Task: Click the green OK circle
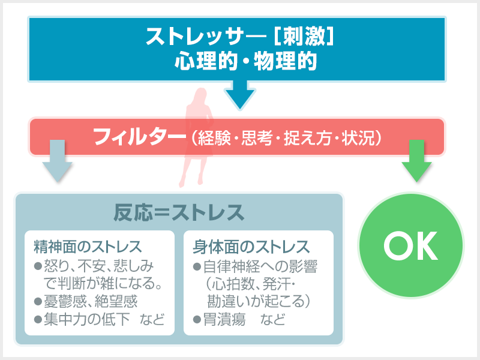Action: tap(411, 245)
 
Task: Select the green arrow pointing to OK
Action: tap(416, 161)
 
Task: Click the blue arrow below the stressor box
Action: tap(240, 94)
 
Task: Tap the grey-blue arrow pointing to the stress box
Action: tap(57, 161)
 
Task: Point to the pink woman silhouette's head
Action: tap(201, 95)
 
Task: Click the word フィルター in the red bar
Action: tap(140, 137)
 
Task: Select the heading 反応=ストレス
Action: tap(179, 212)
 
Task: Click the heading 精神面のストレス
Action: tap(88, 247)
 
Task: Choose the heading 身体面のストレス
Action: tap(251, 247)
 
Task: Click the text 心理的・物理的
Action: tap(245, 61)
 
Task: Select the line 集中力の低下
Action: tap(87, 319)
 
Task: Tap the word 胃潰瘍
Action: tap(224, 320)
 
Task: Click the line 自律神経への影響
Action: tap(260, 266)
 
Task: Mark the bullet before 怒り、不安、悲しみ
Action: tap(38, 266)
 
